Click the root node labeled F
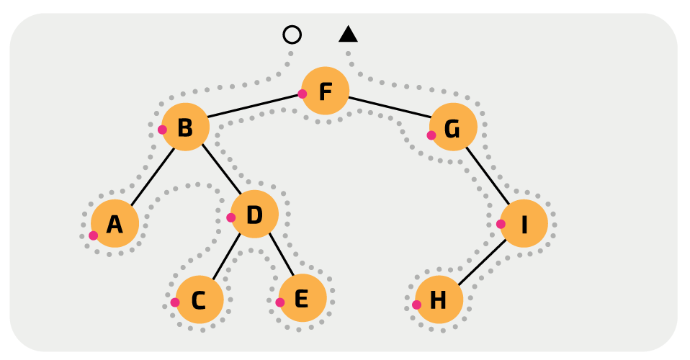tap(326, 91)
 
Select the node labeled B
tap(185, 127)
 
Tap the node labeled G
tap(453, 127)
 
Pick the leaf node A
tap(115, 224)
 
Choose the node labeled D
tap(254, 214)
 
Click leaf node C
tap(200, 299)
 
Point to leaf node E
tap(303, 297)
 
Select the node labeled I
tap(524, 223)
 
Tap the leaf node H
tap(439, 300)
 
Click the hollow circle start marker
tap(292, 35)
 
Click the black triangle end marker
tap(349, 35)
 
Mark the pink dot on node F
tap(303, 94)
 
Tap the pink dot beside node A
tap(93, 235)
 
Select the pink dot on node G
tap(431, 135)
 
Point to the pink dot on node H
tap(416, 305)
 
